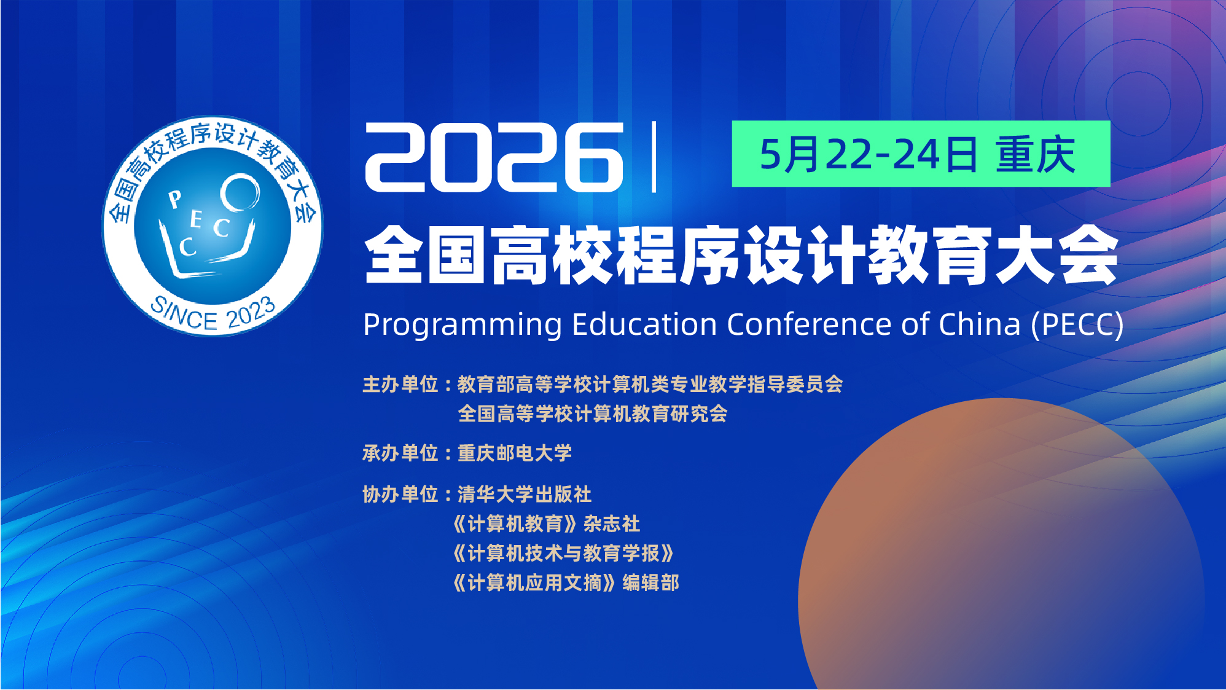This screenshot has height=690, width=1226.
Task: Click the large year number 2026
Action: point(494,157)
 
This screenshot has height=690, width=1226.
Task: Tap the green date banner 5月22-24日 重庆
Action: point(921,154)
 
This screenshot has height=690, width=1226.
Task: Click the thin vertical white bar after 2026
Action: point(654,157)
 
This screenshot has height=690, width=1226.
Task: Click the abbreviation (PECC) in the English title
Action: point(1077,324)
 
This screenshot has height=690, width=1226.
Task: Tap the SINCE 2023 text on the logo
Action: point(213,314)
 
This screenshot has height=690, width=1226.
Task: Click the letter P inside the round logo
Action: point(175,199)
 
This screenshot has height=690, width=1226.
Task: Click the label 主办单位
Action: point(400,385)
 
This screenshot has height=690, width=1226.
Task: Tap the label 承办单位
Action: point(400,453)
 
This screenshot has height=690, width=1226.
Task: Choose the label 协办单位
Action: point(400,495)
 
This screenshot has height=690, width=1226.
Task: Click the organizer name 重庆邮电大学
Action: point(515,453)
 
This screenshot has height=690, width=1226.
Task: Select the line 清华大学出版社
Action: point(525,495)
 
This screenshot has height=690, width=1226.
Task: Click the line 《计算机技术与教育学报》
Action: point(563,554)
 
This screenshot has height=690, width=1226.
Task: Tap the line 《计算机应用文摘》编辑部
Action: point(566,583)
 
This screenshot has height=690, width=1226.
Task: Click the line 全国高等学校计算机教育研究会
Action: point(593,414)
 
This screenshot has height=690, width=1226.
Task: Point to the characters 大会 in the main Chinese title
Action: point(1056,254)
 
